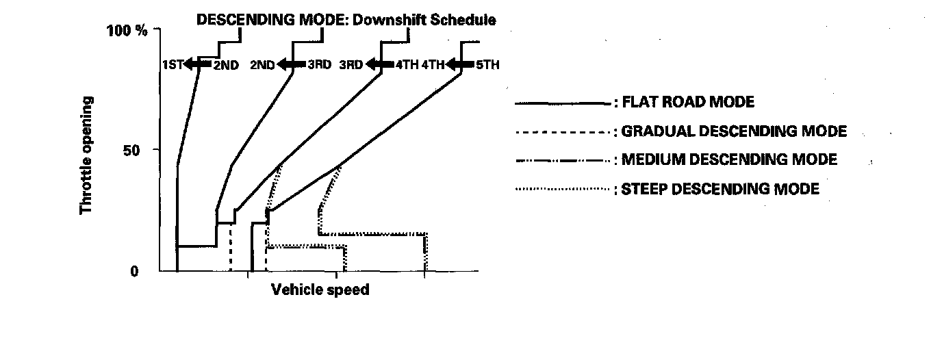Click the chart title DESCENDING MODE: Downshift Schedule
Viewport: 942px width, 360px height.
tap(346, 21)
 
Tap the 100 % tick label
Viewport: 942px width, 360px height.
tap(127, 31)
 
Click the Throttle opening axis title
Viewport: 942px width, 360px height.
tap(87, 155)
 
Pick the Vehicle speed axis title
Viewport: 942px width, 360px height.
tap(320, 290)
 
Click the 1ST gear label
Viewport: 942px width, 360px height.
tap(173, 65)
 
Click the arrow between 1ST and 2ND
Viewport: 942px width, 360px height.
tap(198, 64)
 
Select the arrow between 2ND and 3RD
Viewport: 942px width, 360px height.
tap(291, 64)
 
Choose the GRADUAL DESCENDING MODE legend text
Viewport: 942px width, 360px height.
tap(733, 131)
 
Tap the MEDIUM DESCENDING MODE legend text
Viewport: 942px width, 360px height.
tap(728, 159)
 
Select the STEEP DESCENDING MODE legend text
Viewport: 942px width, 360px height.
tap(720, 189)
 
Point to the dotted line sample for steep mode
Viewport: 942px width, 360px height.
tap(561, 189)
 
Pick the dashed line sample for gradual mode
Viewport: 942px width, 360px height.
tap(561, 132)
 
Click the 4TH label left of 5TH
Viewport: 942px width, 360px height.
tap(433, 65)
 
